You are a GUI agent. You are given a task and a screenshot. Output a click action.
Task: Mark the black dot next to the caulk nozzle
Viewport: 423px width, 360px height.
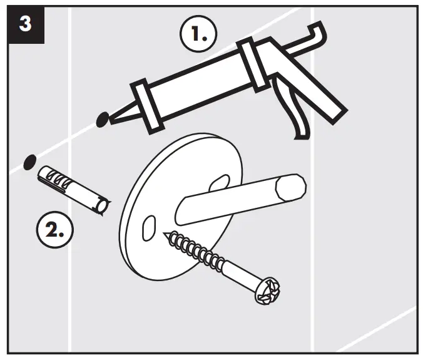tap(101, 118)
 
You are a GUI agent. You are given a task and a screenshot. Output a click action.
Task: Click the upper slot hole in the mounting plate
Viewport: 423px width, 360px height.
tap(217, 182)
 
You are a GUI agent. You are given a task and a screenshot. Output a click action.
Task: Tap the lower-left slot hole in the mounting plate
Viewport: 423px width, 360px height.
tap(149, 229)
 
